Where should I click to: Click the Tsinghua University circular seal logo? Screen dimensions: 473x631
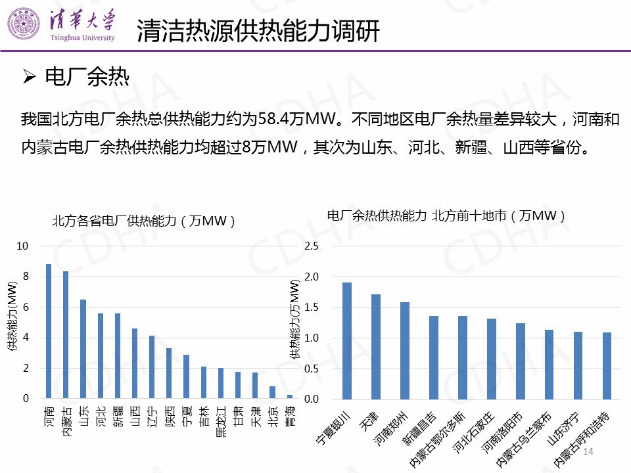click(x=23, y=26)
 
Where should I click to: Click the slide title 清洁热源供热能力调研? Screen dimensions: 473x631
click(x=258, y=31)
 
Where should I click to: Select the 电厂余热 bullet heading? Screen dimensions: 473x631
click(x=86, y=78)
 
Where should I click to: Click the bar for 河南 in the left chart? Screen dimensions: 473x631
click(x=48, y=331)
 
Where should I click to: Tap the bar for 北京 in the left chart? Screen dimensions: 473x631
click(x=272, y=392)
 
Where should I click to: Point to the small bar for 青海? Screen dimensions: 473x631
click(x=290, y=396)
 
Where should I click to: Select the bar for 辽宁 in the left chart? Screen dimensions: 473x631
click(x=152, y=367)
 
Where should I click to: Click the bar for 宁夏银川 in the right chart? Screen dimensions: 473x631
click(x=347, y=340)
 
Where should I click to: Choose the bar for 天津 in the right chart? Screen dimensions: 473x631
click(x=376, y=346)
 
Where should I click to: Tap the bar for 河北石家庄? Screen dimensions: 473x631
click(x=492, y=359)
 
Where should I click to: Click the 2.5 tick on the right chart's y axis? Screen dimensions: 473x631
click(x=312, y=246)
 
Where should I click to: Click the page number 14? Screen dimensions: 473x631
click(x=588, y=452)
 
